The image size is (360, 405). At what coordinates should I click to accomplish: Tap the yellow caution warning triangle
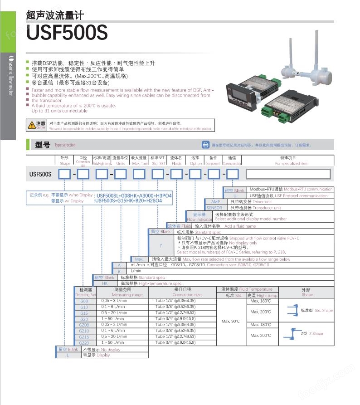point(31,125)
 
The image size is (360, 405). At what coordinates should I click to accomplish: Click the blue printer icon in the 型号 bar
point(205,145)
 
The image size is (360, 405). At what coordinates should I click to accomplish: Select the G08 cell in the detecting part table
point(84,301)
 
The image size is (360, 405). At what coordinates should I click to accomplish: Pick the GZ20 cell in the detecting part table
point(84,343)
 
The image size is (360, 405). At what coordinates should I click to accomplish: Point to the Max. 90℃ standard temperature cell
point(231,322)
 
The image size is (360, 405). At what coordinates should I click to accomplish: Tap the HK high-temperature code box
point(105,283)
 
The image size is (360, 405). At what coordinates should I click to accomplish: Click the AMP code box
point(215,202)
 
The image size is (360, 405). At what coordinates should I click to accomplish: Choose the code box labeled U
point(235,196)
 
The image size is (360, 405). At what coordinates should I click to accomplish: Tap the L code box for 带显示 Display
point(68,355)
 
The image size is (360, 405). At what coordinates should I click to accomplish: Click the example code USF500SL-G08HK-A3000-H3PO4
point(134,195)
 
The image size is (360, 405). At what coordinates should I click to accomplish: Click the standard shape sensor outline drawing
point(291,311)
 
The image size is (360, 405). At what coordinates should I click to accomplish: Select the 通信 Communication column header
point(232,160)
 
